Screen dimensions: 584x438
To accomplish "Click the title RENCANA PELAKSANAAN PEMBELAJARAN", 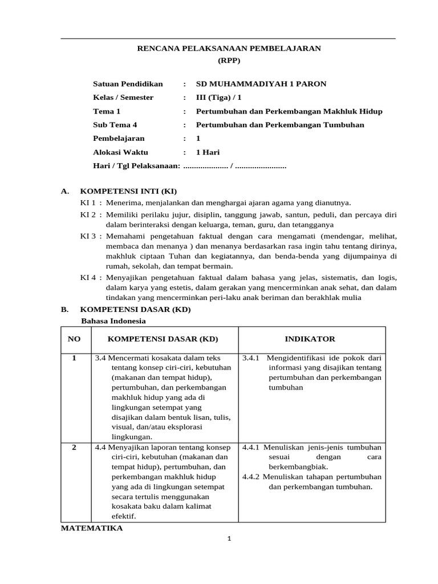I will pyautogui.click(x=229, y=48).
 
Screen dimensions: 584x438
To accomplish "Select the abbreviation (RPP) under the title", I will pyautogui.click(x=229, y=60).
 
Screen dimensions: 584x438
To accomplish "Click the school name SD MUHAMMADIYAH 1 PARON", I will pyautogui.click(x=261, y=84).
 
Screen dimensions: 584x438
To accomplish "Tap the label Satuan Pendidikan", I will pyautogui.click(x=128, y=84).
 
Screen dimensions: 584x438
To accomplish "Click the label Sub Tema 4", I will pyautogui.click(x=115, y=125).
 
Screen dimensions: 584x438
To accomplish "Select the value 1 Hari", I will pyautogui.click(x=208, y=152).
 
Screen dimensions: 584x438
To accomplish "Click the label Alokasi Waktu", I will pyautogui.click(x=120, y=152).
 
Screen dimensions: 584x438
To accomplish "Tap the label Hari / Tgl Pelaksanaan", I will pyautogui.click(x=136, y=166).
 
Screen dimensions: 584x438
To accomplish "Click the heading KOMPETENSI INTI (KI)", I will pyautogui.click(x=132, y=191).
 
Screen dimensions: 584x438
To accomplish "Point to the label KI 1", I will pyautogui.click(x=88, y=202).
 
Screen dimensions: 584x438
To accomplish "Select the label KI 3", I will pyautogui.click(x=88, y=236).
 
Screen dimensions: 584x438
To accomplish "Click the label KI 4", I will pyautogui.click(x=88, y=277).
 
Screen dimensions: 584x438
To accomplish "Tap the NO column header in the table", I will pyautogui.click(x=74, y=339).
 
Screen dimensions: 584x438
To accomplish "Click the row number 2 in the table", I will pyautogui.click(x=74, y=448).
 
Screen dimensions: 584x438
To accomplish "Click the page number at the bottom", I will pyautogui.click(x=228, y=539).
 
